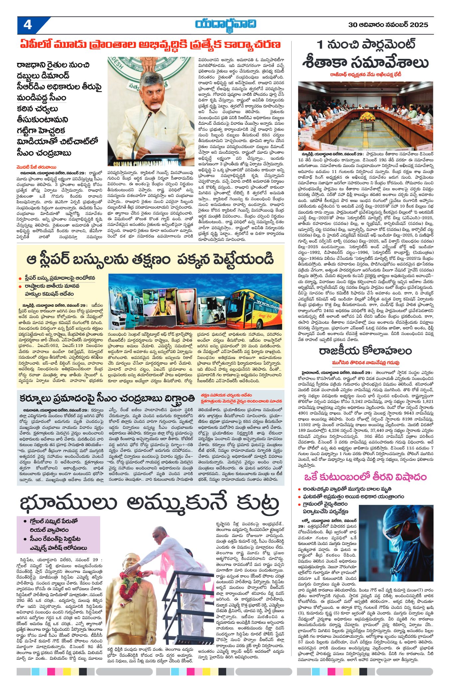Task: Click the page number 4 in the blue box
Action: (x=28, y=25)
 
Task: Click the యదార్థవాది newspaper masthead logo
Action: (x=225, y=25)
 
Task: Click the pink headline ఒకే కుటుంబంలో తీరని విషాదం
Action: (x=365, y=477)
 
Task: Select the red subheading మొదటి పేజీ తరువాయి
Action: (x=37, y=167)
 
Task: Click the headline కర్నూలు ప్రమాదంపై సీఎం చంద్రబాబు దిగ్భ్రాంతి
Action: (x=107, y=398)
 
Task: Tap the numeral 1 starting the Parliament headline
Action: (x=320, y=45)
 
